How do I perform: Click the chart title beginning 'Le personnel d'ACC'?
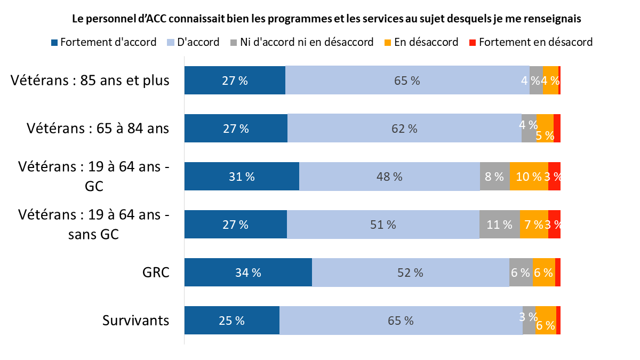(x=326, y=19)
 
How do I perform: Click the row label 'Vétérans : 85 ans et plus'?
(x=90, y=81)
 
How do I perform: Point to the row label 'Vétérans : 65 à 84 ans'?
(x=98, y=129)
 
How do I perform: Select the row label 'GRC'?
(x=156, y=273)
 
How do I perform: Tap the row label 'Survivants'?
(x=135, y=321)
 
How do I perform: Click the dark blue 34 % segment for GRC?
(x=248, y=273)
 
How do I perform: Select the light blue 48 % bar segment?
(x=389, y=177)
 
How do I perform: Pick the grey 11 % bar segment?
(x=500, y=225)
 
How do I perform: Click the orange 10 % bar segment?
(x=529, y=177)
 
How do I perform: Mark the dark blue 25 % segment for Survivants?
(x=231, y=321)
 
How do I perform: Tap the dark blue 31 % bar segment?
(x=242, y=177)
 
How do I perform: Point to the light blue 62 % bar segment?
(x=404, y=129)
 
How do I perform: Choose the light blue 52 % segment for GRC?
(x=410, y=273)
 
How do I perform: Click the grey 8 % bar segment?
(x=494, y=177)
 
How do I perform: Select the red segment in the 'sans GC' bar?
(x=554, y=225)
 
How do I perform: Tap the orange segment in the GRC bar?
(x=543, y=273)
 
